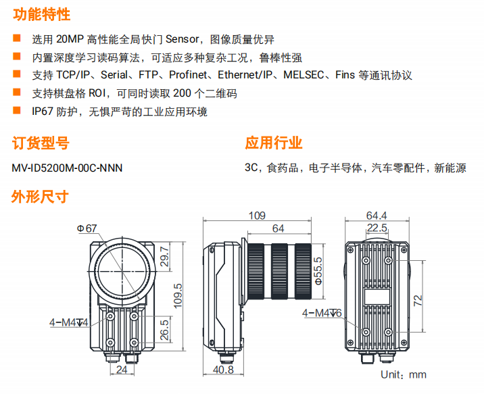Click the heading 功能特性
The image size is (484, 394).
click(x=42, y=14)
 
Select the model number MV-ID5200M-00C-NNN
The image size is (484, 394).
click(x=67, y=168)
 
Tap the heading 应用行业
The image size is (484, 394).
click(x=274, y=143)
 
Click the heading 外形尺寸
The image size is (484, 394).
click(x=40, y=196)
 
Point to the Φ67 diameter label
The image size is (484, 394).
click(x=87, y=228)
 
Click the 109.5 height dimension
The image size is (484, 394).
click(x=178, y=296)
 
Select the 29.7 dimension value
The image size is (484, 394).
click(x=164, y=257)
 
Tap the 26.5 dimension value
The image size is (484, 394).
click(x=164, y=330)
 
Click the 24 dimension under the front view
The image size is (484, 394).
click(x=122, y=369)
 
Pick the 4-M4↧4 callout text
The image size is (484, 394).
click(x=69, y=322)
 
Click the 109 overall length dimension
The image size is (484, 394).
click(x=257, y=216)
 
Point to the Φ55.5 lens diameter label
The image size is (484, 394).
click(x=318, y=271)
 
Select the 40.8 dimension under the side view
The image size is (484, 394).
click(x=223, y=369)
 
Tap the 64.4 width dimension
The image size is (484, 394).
click(x=377, y=216)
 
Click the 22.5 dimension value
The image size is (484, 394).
click(x=377, y=228)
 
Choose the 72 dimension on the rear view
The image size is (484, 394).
click(x=418, y=300)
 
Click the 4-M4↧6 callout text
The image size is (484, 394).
click(x=322, y=313)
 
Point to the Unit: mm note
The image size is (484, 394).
click(x=404, y=374)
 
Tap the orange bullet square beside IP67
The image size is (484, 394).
click(x=16, y=110)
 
